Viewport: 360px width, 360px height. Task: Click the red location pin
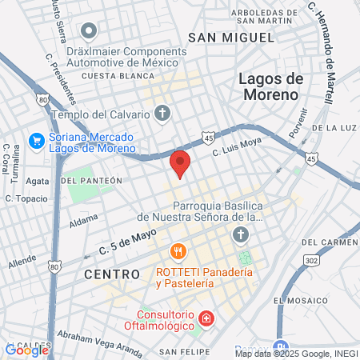(x=180, y=162)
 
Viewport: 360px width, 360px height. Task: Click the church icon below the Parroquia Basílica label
(x=239, y=234)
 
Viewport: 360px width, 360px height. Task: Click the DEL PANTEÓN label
(x=91, y=181)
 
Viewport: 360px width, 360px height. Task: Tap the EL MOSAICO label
(x=301, y=299)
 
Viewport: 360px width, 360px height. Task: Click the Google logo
(x=26, y=350)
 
